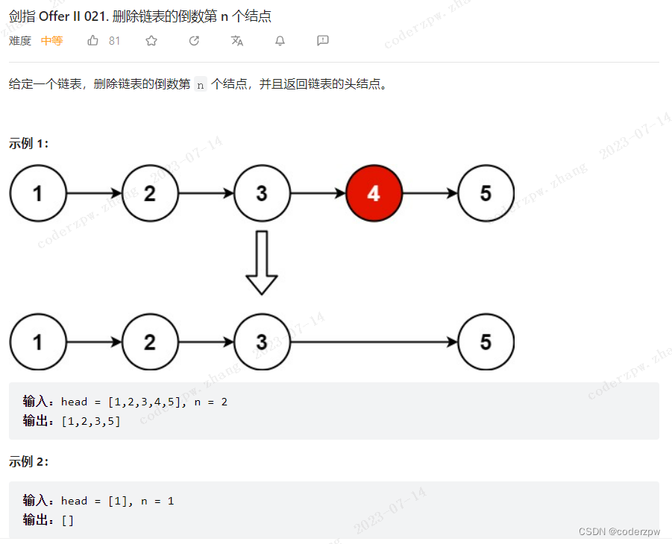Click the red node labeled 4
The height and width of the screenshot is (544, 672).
pos(374,194)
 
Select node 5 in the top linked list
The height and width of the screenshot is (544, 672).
pos(486,194)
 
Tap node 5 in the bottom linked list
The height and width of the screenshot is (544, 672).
pos(486,342)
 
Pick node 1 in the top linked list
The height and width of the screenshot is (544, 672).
pos(38,194)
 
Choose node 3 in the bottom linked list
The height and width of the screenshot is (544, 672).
pos(262,342)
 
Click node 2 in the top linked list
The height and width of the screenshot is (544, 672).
pos(150,194)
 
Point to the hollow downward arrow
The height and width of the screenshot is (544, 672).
pos(262,262)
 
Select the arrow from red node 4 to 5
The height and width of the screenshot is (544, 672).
pos(430,194)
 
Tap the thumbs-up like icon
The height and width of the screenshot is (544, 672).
pos(93,41)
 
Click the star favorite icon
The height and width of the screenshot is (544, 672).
pos(151,41)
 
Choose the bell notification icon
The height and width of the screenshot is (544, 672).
pos(280,41)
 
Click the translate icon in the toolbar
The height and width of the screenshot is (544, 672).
pos(237,41)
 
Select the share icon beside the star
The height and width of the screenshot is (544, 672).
pos(195,41)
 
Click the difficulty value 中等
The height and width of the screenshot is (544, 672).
pos(51,41)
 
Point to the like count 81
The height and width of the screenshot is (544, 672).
pos(114,41)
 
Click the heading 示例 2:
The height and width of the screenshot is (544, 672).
pos(29,462)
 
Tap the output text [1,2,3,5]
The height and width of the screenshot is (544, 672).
pos(91,421)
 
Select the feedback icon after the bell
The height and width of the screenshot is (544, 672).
pos(323,41)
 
